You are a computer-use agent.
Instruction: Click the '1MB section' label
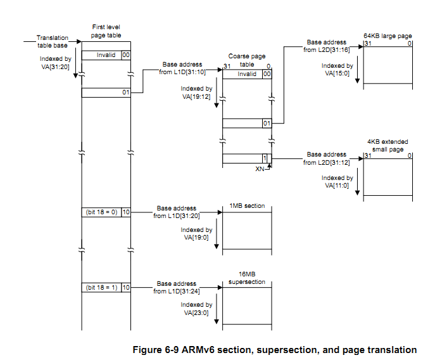tap(248, 206)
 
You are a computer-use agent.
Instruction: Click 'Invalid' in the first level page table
tap(106, 55)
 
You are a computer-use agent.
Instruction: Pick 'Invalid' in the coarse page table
tap(247, 74)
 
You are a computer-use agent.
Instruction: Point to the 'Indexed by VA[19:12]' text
tap(196, 93)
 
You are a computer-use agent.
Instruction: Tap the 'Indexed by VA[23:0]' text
tap(196, 308)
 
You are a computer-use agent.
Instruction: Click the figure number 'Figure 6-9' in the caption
tap(156, 349)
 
